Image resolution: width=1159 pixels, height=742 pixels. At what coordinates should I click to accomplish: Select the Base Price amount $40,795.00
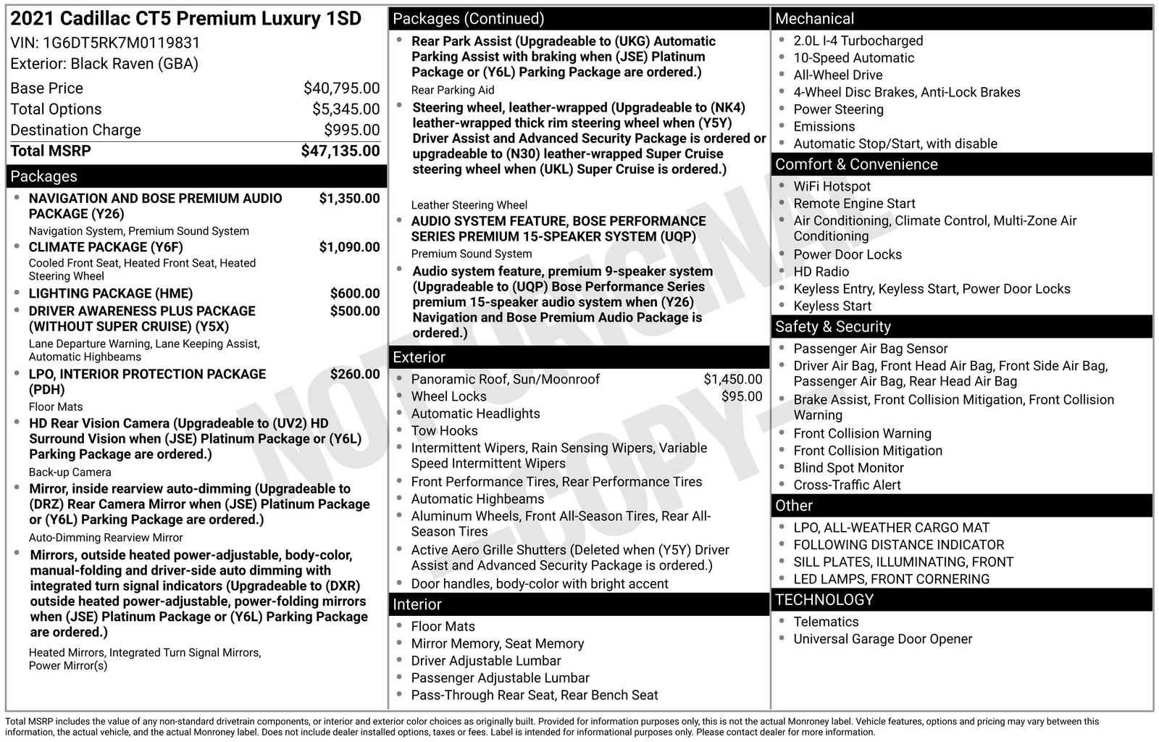click(x=341, y=88)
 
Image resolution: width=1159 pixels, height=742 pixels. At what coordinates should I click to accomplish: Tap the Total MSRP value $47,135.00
click(x=340, y=151)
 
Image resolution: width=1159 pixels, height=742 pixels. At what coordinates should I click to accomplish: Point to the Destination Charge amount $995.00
click(x=351, y=130)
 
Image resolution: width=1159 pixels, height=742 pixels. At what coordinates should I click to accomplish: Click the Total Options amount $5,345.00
click(x=346, y=109)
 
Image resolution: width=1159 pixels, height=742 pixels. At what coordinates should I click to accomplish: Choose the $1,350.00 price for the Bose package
click(x=349, y=199)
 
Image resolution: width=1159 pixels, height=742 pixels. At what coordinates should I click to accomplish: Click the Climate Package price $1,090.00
click(x=349, y=247)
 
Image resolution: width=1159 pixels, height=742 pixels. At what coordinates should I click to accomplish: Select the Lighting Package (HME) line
click(x=111, y=293)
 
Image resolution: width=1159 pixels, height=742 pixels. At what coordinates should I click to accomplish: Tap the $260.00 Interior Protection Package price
click(x=354, y=374)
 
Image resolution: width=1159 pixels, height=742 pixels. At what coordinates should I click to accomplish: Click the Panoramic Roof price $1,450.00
click(x=732, y=379)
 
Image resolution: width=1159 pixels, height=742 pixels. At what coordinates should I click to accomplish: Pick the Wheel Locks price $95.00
click(x=742, y=396)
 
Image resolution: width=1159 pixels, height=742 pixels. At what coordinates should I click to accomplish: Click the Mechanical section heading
click(x=814, y=19)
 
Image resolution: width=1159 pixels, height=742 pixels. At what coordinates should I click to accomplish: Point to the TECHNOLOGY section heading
click(x=824, y=600)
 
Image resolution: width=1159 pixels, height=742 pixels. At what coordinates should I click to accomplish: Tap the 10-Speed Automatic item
click(x=853, y=58)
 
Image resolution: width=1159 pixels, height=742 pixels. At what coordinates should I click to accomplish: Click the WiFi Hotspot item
click(x=832, y=186)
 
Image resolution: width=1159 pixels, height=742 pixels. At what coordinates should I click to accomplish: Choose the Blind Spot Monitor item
click(x=848, y=468)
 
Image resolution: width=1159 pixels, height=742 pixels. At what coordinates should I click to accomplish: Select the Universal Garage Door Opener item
click(x=882, y=639)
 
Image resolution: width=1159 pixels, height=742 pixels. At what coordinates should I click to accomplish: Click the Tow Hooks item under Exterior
click(x=444, y=431)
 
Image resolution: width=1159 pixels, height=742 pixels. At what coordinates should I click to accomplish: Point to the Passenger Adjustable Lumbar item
click(x=500, y=678)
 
